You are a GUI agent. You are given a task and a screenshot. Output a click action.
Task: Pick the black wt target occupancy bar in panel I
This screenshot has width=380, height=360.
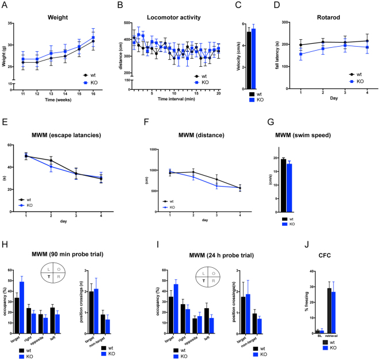[170, 314]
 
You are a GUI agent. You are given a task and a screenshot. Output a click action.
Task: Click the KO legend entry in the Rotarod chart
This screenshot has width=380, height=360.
[363, 82]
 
